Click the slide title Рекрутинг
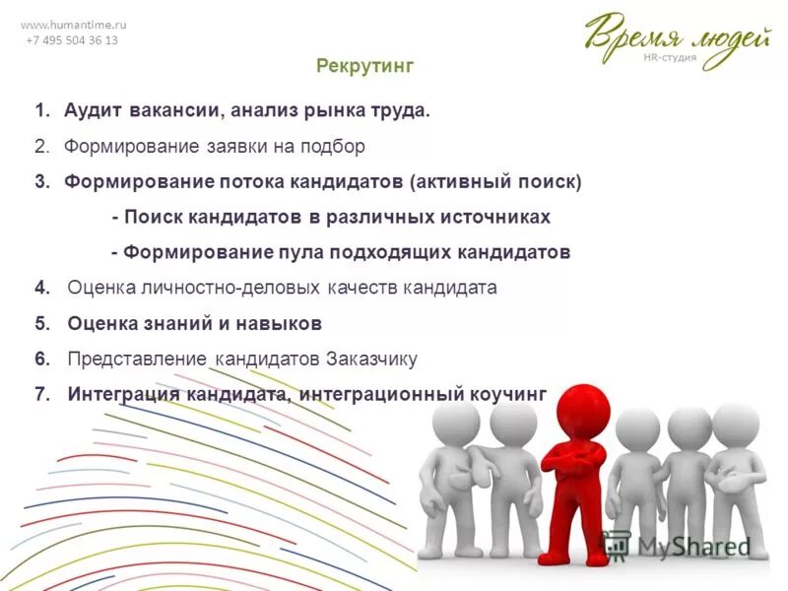pos(365,66)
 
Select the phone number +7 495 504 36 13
pos(72,40)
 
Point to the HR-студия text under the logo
pos(670,57)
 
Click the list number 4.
pos(41,288)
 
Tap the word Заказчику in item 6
pos(372,359)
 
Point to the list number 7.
pos(41,394)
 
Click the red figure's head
pos(575,414)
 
